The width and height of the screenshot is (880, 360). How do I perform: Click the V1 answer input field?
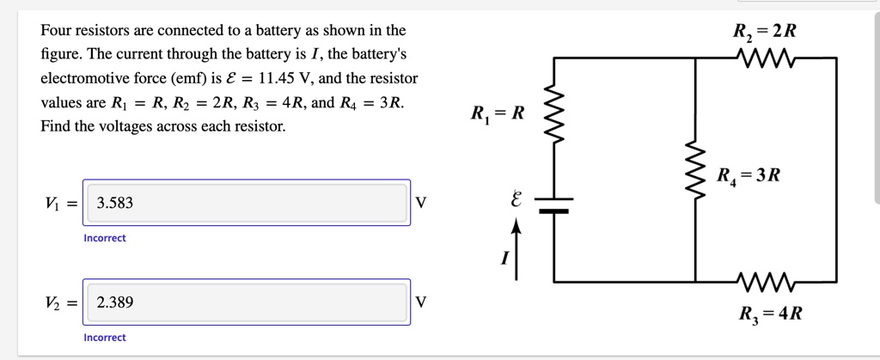pyautogui.click(x=246, y=203)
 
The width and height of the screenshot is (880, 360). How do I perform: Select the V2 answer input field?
pyautogui.click(x=246, y=302)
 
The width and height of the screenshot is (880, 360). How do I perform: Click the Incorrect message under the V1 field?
pyautogui.click(x=105, y=238)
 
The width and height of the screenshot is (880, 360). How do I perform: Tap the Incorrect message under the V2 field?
pyautogui.click(x=105, y=338)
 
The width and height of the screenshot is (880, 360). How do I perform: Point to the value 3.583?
pyautogui.click(x=115, y=204)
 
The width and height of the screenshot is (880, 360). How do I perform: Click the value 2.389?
pyautogui.click(x=115, y=303)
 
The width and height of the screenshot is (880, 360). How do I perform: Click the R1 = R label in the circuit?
pyautogui.click(x=497, y=113)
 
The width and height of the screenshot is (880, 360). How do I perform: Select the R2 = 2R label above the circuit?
pyautogui.click(x=765, y=32)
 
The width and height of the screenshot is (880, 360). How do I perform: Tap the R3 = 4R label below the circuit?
pyautogui.click(x=770, y=313)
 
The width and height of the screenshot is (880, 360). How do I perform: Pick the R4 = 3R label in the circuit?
pyautogui.click(x=749, y=176)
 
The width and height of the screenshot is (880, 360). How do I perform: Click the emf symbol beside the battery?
pyautogui.click(x=516, y=201)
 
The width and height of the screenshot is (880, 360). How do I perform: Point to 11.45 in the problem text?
pyautogui.click(x=277, y=78)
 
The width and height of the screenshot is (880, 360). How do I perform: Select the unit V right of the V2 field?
pyautogui.click(x=420, y=302)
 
